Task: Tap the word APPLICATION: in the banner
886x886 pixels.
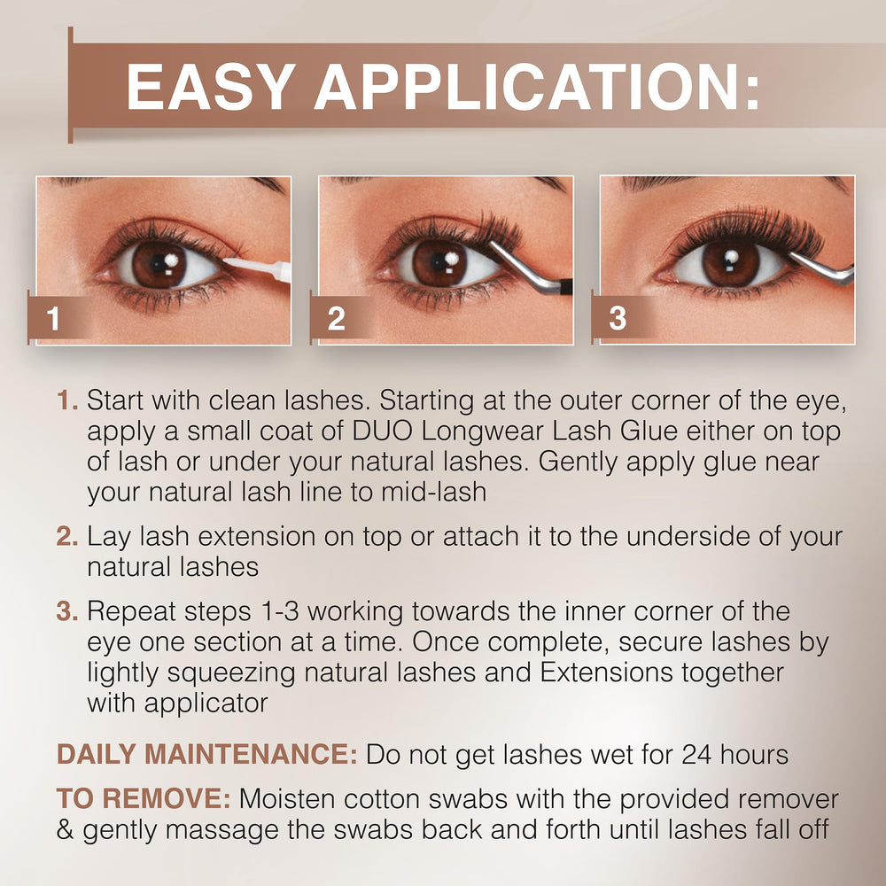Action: pos(536,88)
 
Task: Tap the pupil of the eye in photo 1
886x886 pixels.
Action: pos(159,265)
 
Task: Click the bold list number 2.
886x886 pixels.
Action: pos(68,536)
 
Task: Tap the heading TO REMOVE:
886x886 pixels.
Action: pos(144,799)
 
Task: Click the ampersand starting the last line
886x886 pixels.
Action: pos(66,830)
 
